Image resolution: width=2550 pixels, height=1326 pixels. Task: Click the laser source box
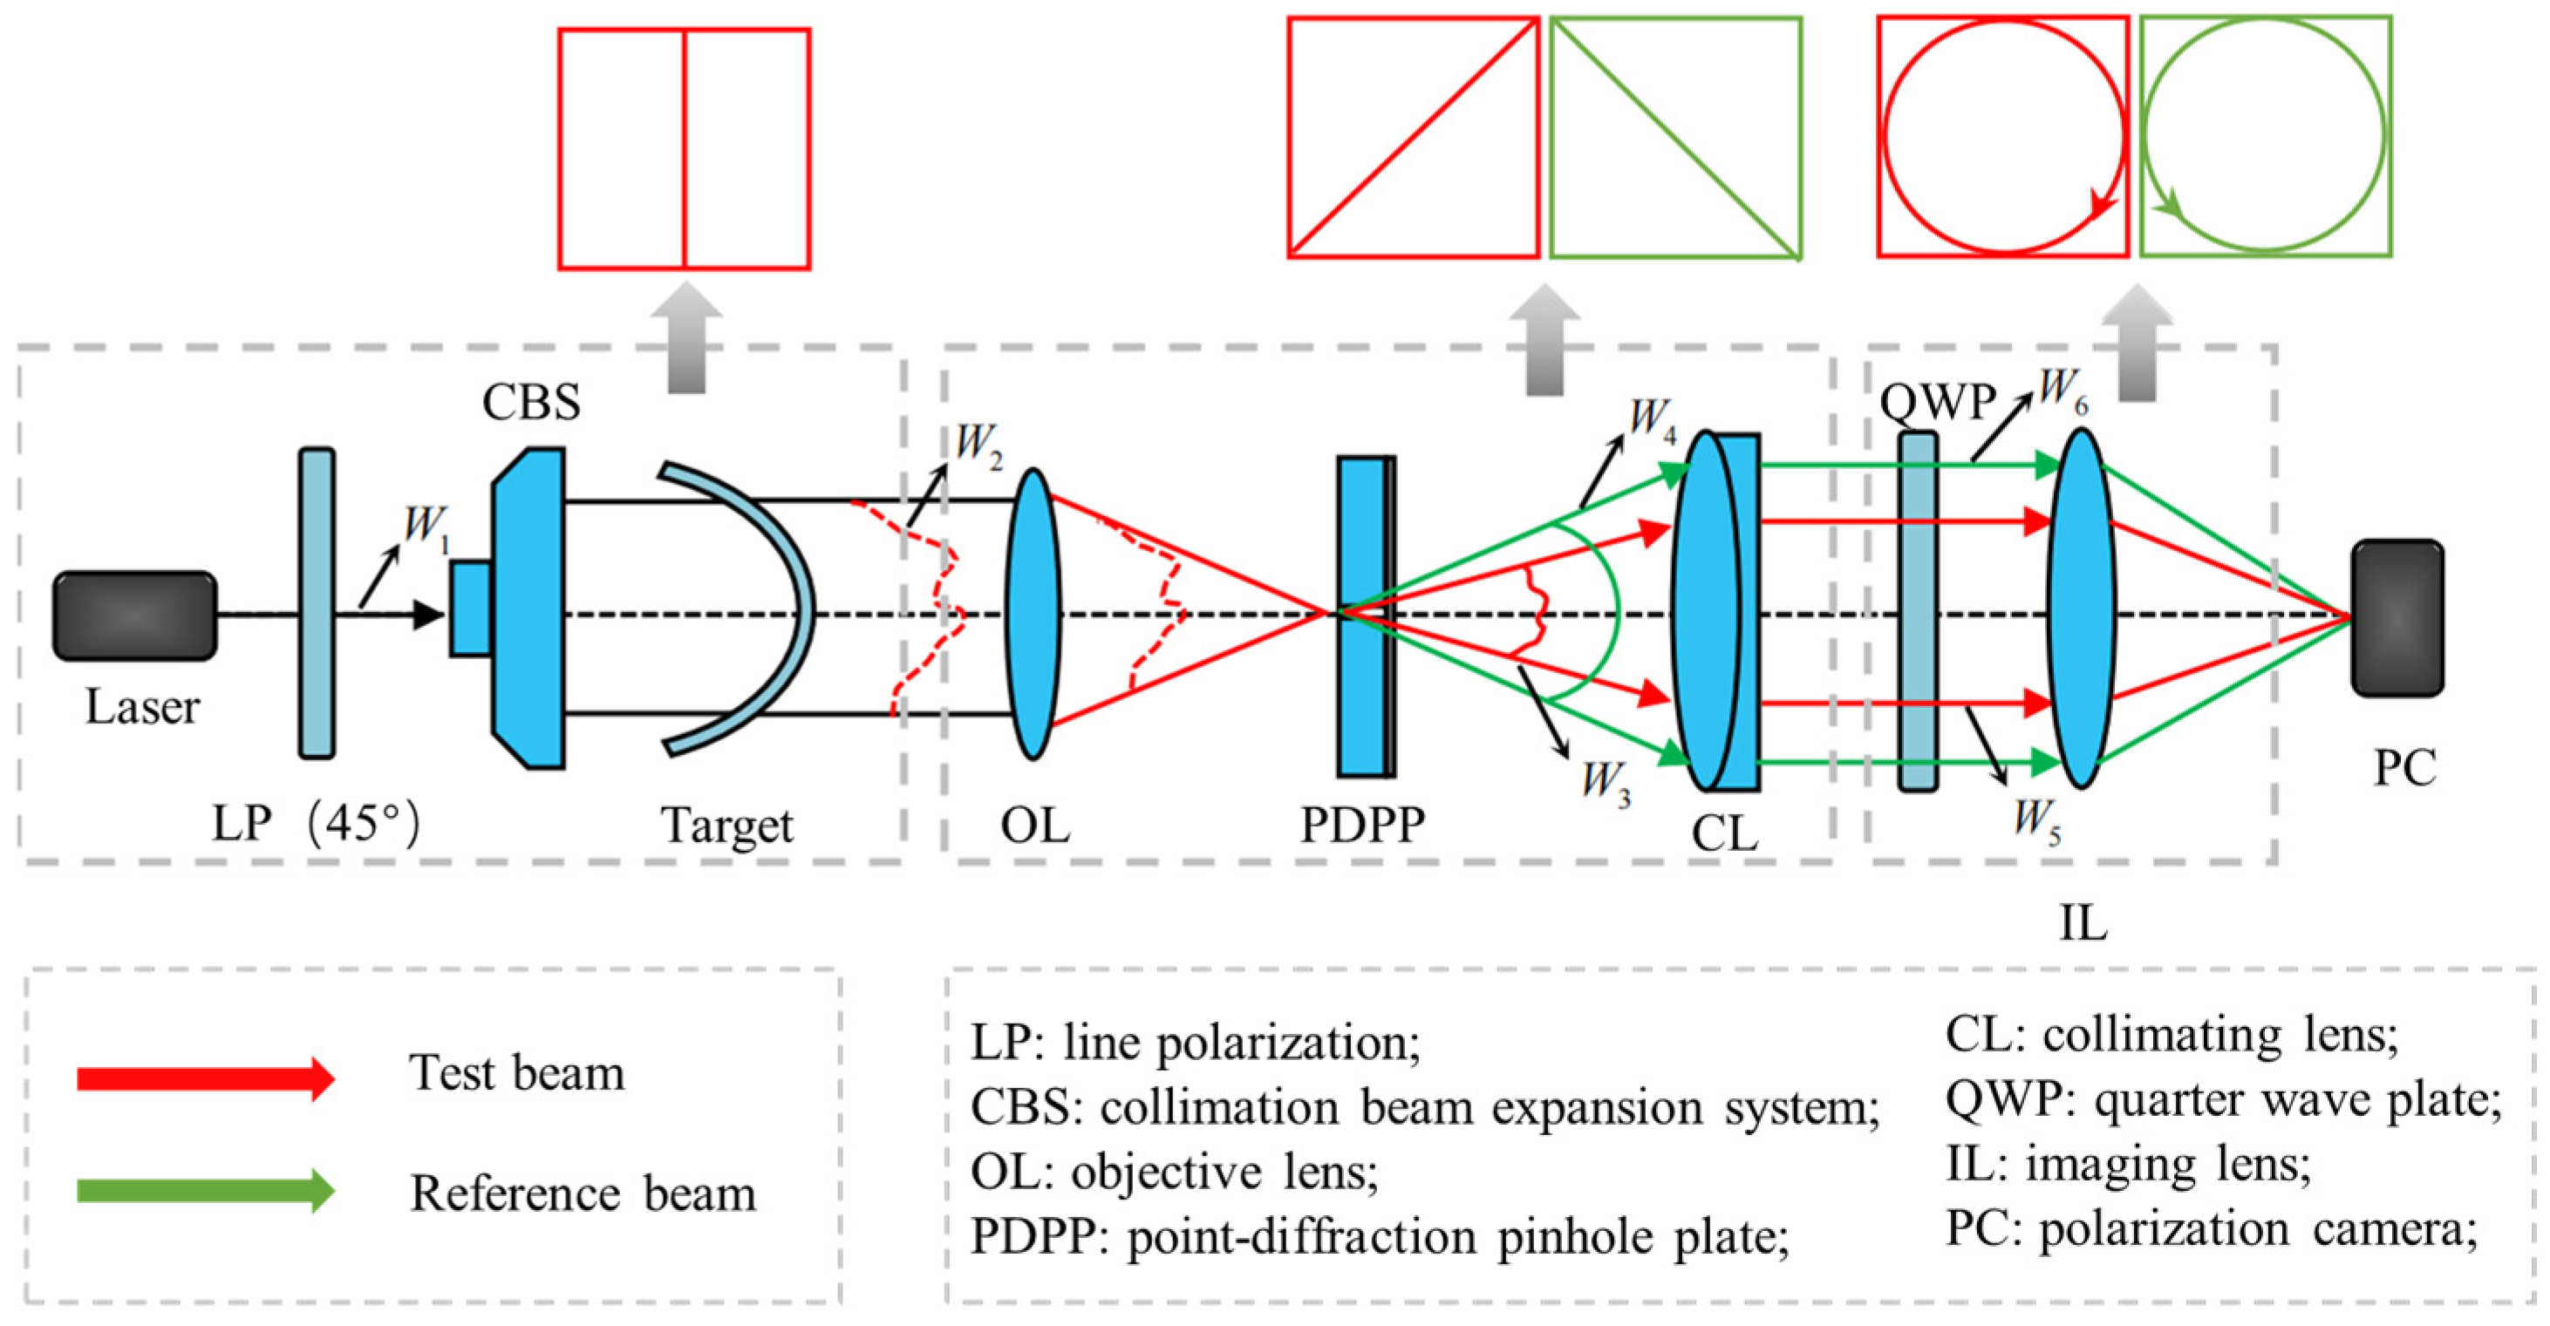tap(134, 615)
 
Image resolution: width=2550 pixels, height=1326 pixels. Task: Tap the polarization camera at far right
tap(2397, 617)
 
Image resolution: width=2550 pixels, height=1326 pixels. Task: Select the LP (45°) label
tap(316, 823)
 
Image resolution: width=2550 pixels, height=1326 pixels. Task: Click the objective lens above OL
tap(1033, 614)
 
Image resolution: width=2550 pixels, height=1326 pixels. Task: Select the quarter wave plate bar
tap(1918, 611)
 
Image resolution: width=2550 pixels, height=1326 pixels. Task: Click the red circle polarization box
tap(2002, 137)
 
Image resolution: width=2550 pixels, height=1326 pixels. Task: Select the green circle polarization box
tap(2266, 137)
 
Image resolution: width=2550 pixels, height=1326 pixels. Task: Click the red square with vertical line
tap(684, 149)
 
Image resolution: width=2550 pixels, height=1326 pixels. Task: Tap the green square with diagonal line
tap(1675, 138)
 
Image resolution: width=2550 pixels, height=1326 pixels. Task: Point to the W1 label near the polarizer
tap(426, 526)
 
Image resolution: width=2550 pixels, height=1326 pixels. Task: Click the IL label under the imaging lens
tap(2083, 923)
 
